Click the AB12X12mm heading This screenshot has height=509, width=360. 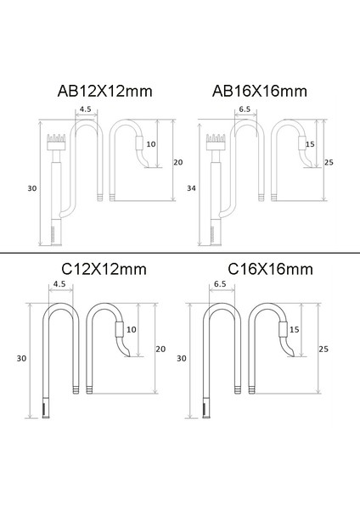[x=105, y=92]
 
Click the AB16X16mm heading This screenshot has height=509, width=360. [x=260, y=92]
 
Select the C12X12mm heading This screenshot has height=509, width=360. [x=104, y=270]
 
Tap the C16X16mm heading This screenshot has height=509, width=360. [x=270, y=270]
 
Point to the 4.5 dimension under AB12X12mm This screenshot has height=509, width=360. [x=86, y=109]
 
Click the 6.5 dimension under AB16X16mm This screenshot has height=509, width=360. [x=245, y=109]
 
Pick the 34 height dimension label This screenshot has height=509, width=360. [x=191, y=188]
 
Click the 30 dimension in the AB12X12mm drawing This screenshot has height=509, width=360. [x=32, y=188]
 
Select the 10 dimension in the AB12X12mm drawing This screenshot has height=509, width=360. [x=151, y=144]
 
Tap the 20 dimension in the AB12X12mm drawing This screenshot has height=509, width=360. [x=178, y=162]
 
